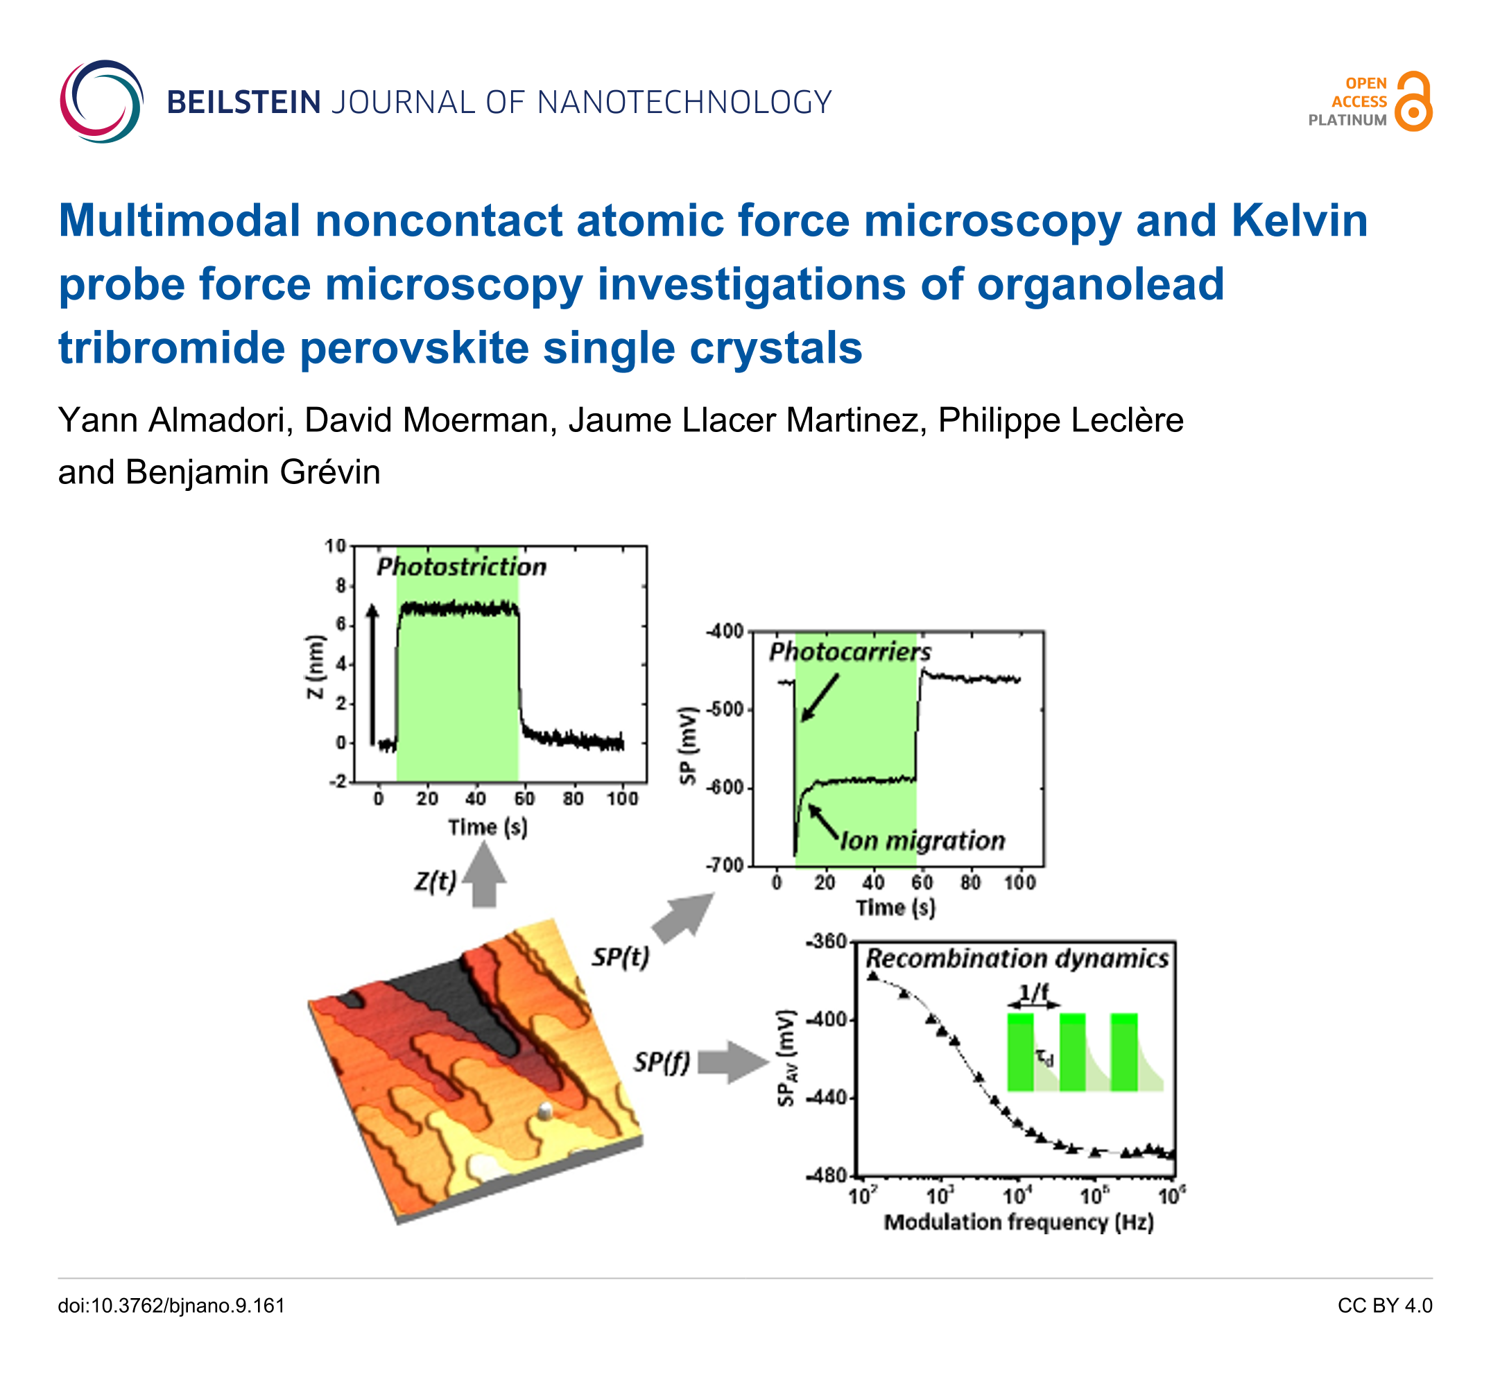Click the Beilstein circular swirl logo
tap(101, 102)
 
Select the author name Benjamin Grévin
tap(252, 472)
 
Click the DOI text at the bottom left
tap(171, 1306)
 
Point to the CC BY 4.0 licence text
tap(1385, 1306)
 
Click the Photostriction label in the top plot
tap(461, 567)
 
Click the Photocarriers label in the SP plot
tap(850, 652)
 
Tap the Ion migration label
tap(923, 841)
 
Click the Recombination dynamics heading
tap(1017, 959)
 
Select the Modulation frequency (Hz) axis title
tap(1019, 1222)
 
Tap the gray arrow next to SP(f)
tap(733, 1061)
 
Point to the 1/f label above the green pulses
tap(1034, 992)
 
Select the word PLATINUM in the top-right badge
tap(1347, 121)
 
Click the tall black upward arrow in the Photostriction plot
tap(372, 674)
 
